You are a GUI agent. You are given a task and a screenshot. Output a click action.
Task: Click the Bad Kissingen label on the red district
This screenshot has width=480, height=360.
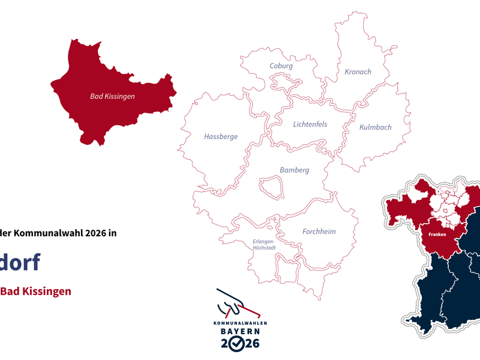(x=112, y=96)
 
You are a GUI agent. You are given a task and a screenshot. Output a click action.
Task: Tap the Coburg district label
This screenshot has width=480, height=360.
(x=281, y=66)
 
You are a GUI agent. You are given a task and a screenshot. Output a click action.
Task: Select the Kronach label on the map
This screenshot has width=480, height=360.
(x=358, y=72)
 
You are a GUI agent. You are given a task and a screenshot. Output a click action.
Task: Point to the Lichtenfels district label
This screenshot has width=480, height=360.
(x=310, y=124)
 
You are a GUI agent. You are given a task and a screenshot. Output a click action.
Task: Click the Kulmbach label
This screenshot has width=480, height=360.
(x=375, y=127)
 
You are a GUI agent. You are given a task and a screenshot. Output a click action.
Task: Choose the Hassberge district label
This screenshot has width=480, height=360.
(x=221, y=136)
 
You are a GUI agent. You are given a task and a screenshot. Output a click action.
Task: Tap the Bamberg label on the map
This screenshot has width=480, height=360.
(x=294, y=170)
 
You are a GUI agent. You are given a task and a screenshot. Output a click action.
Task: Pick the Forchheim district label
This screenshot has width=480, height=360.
(x=319, y=232)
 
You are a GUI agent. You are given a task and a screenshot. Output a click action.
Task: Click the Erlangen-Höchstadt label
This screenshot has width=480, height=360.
(x=262, y=245)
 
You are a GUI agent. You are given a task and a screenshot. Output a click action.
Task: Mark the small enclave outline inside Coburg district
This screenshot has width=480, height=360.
(x=282, y=80)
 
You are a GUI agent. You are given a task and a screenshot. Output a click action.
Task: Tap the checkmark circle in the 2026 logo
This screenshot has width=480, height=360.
(x=238, y=344)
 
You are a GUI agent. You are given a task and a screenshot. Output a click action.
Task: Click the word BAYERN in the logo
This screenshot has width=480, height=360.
(x=239, y=331)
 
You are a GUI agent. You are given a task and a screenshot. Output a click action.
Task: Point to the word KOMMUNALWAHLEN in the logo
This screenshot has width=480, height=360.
(x=239, y=323)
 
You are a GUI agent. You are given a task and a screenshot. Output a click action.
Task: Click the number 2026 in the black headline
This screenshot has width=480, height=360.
(x=95, y=234)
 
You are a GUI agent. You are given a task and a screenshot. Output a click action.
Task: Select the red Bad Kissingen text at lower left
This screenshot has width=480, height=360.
(x=35, y=291)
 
